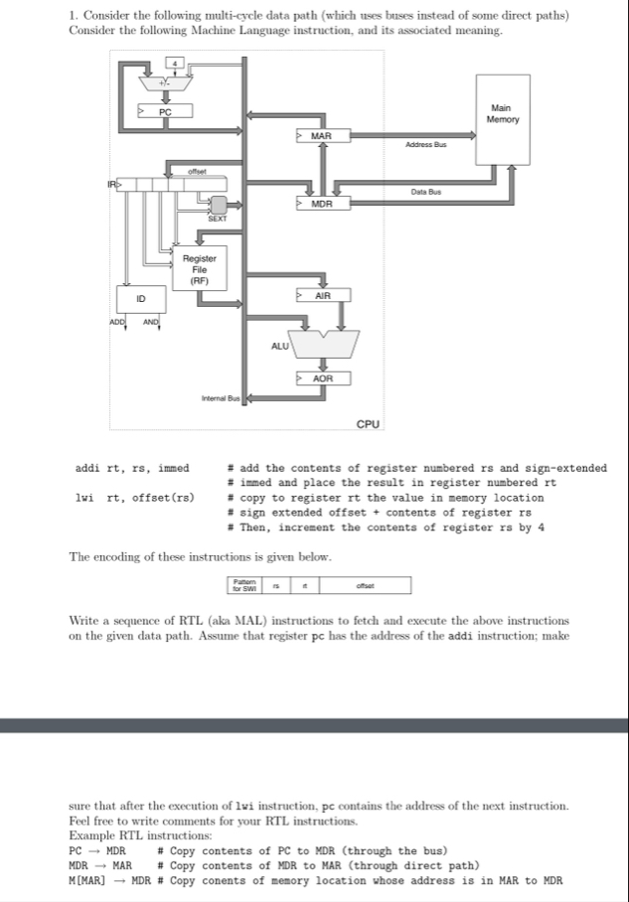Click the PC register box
(x=165, y=111)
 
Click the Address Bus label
(x=426, y=145)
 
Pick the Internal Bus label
(x=220, y=398)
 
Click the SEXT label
(x=216, y=220)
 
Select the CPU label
(x=368, y=424)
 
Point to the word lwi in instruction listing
(x=85, y=497)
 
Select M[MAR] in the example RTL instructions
(x=89, y=880)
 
